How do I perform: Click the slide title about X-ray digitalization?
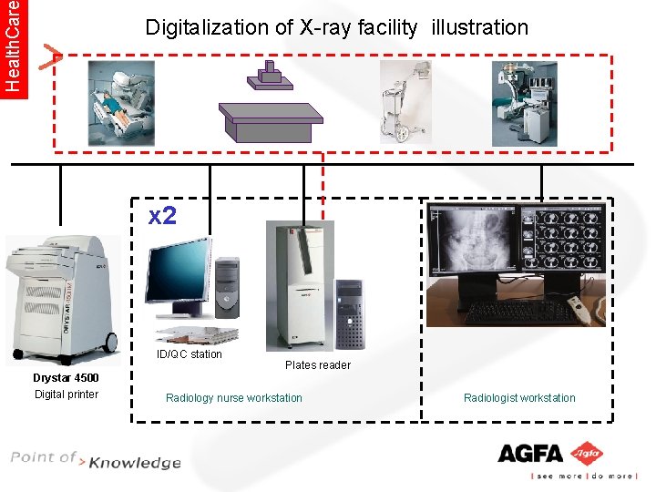click(x=336, y=27)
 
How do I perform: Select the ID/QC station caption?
click(x=190, y=354)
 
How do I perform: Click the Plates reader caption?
click(x=317, y=365)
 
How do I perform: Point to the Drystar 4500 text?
click(x=66, y=378)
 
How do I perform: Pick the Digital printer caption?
click(x=66, y=395)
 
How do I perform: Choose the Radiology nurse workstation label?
click(x=234, y=398)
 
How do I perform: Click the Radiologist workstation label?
click(x=519, y=398)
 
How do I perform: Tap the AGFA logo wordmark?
click(x=530, y=453)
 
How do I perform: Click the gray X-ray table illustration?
click(x=271, y=114)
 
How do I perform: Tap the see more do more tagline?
click(x=583, y=477)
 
